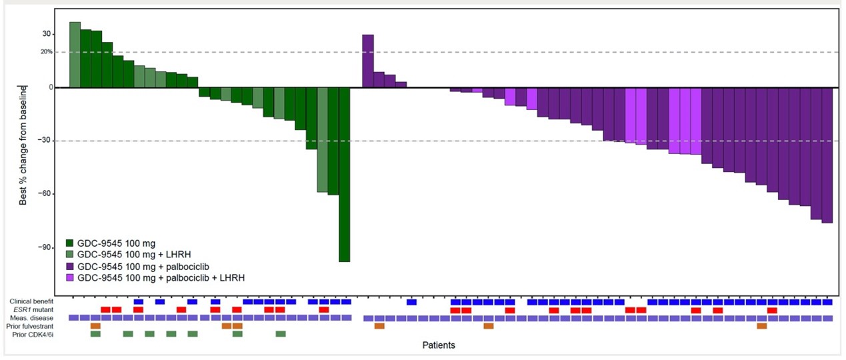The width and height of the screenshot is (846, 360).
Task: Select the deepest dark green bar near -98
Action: click(344, 174)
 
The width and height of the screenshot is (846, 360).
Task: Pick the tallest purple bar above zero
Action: click(367, 61)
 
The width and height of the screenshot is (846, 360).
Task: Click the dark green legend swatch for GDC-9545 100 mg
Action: click(70, 243)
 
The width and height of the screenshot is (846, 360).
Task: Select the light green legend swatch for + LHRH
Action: click(70, 254)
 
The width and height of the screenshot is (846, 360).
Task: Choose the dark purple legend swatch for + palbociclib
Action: click(70, 265)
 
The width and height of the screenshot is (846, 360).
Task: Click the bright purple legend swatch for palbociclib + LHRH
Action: click(70, 277)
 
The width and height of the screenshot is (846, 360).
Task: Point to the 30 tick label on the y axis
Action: click(47, 34)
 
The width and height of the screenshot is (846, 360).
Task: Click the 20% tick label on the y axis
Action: click(45, 52)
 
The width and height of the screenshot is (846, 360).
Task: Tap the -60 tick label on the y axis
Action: click(45, 194)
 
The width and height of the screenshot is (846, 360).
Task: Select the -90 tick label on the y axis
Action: click(45, 247)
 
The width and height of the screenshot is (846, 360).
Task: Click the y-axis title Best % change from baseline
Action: click(23, 143)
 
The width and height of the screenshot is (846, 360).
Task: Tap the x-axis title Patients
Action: click(439, 345)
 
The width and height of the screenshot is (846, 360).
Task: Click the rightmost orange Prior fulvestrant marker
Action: click(761, 326)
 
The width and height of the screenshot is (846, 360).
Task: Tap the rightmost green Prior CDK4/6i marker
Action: click(281, 334)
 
